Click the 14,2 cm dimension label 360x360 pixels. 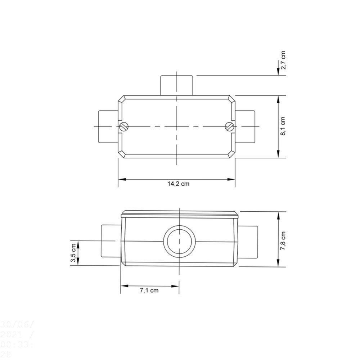pos(178,184)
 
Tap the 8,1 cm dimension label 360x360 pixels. pos(284,126)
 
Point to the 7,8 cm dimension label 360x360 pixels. pos(284,240)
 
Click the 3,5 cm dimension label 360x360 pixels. pos(73,253)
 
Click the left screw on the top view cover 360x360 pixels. pos(124,126)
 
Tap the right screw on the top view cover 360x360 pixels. pos(230,126)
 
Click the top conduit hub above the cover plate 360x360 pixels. pos(177,85)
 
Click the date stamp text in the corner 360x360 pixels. pos(17,338)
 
